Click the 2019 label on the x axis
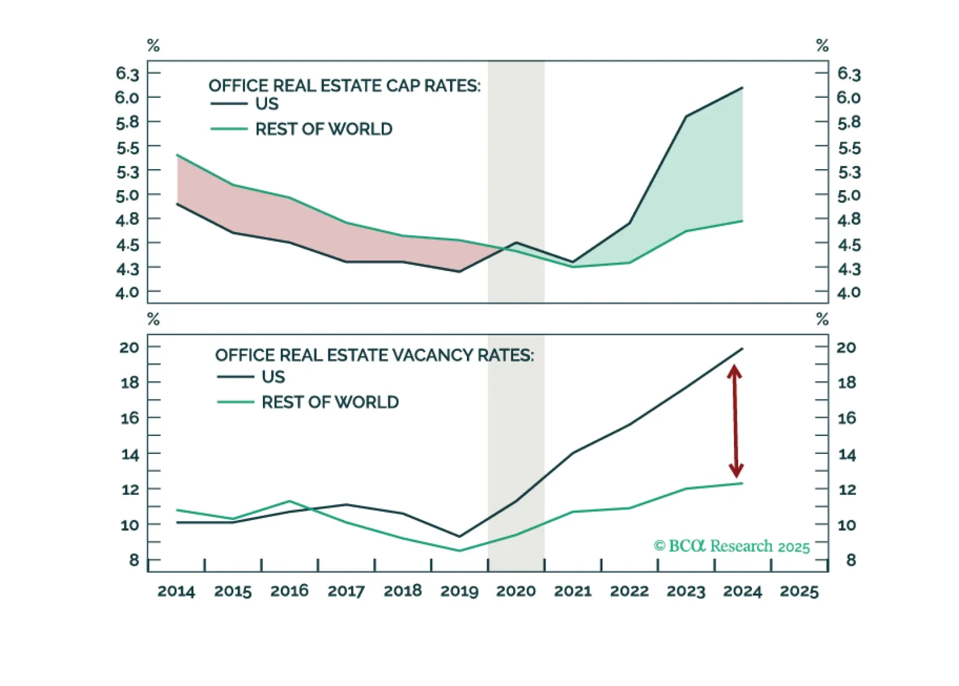pos(459,591)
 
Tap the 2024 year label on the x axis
pos(742,591)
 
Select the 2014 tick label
pos(176,591)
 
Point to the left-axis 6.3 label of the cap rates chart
pos(127,74)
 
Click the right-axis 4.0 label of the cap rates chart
pos(849,293)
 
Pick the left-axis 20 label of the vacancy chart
pos(129,347)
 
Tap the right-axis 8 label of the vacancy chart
pos(851,560)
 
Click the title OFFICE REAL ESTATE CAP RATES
pos(344,86)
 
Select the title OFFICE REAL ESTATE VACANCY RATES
pos(374,355)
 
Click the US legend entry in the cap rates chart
pos(266,104)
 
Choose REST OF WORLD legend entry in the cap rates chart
pos(323,129)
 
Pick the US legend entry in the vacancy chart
pos(273,377)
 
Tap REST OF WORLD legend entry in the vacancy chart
pos(330,402)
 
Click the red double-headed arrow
pos(735,421)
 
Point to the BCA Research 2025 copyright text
pos(732,546)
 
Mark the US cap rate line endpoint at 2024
pos(742,88)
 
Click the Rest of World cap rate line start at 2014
pos(178,155)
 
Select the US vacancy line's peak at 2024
pos(742,349)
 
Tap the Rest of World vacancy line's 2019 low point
pos(460,550)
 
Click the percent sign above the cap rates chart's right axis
pos(822,46)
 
